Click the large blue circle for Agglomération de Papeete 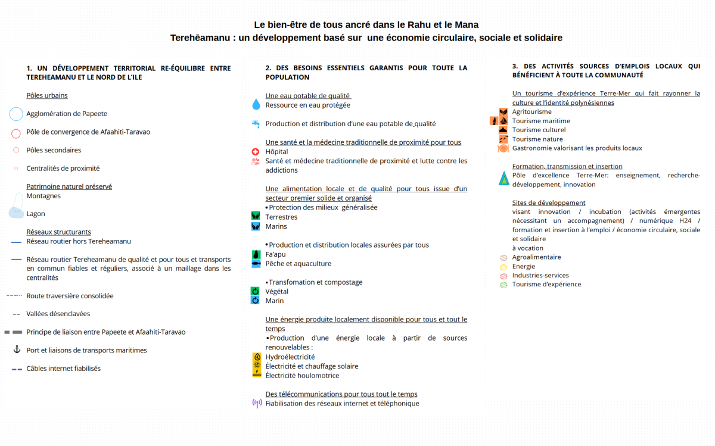point(16,114)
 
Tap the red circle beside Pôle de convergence point(16,133)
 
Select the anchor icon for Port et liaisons point(17,350)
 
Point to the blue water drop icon point(256,104)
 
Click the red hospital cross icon point(256,152)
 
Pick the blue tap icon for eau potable point(256,124)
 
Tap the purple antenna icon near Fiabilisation point(257,403)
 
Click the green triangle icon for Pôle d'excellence point(503,178)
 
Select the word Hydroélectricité point(290,357)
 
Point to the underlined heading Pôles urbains point(47,95)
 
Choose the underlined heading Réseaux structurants point(58,232)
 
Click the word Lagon point(36,214)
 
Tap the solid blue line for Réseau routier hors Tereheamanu point(16,242)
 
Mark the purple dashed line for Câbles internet point(17,369)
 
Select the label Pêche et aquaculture point(298,264)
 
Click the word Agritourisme point(531,111)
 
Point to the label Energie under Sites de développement point(524,266)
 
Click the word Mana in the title point(467,24)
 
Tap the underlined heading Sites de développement point(549,202)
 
